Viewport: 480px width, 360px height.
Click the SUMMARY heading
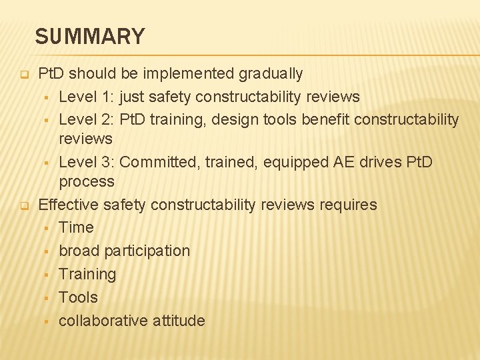(x=90, y=36)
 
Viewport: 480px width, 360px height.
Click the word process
(x=87, y=181)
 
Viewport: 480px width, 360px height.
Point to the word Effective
(x=69, y=205)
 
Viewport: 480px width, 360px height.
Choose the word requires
(x=348, y=205)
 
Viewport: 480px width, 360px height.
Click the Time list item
(x=76, y=227)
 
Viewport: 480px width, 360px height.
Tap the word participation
(x=145, y=251)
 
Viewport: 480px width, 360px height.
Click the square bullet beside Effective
(x=24, y=205)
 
